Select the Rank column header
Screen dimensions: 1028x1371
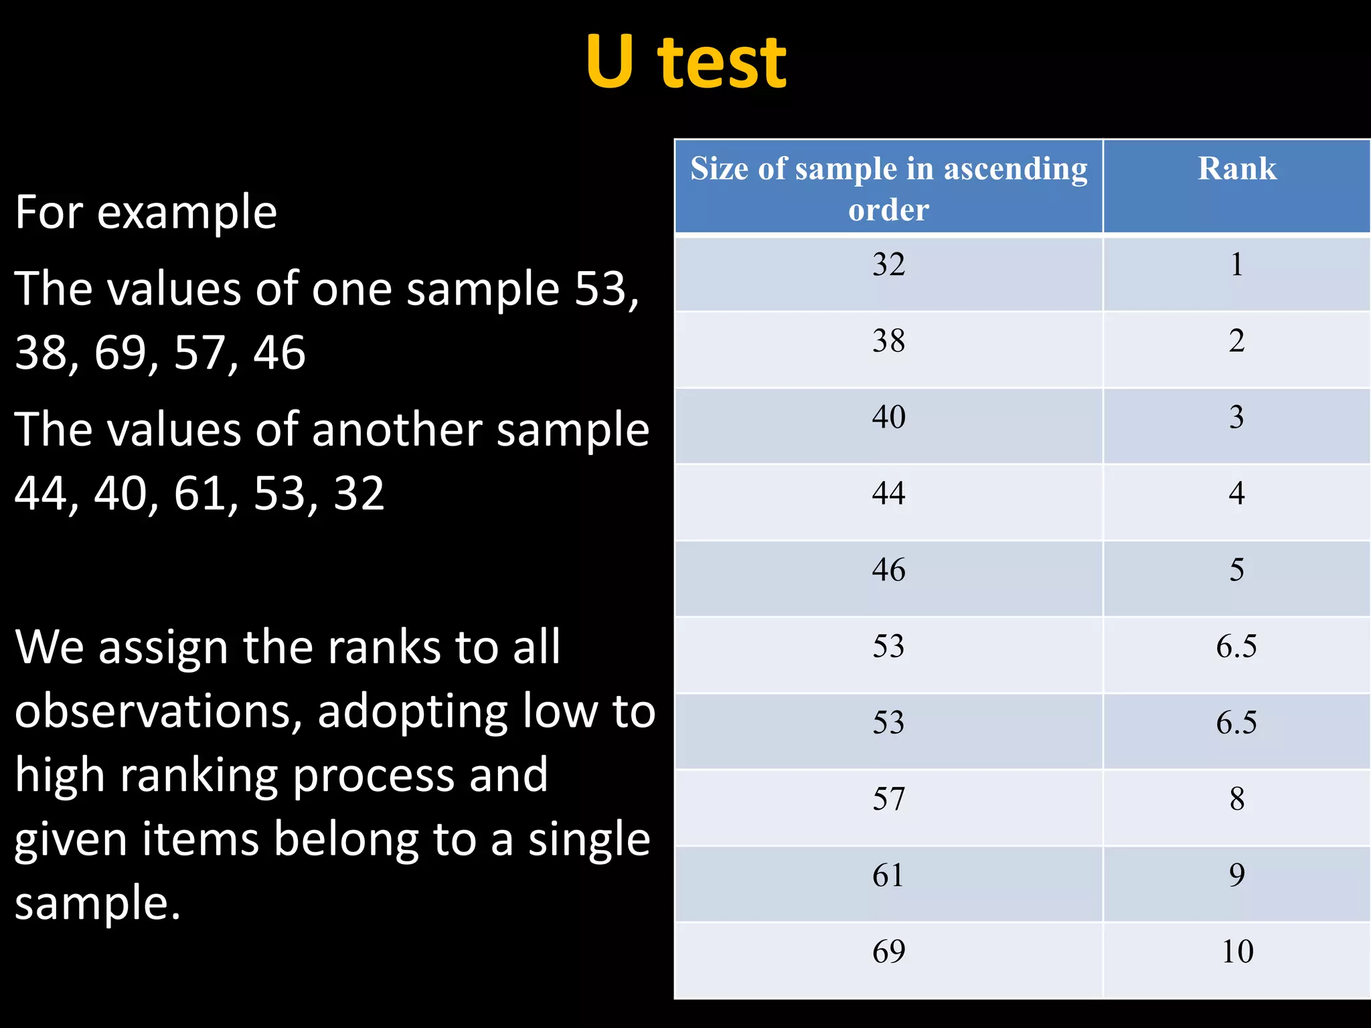tap(1237, 169)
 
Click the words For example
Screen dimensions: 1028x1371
tap(146, 213)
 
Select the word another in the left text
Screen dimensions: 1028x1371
tap(397, 430)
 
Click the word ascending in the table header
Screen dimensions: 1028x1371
tap(1015, 169)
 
